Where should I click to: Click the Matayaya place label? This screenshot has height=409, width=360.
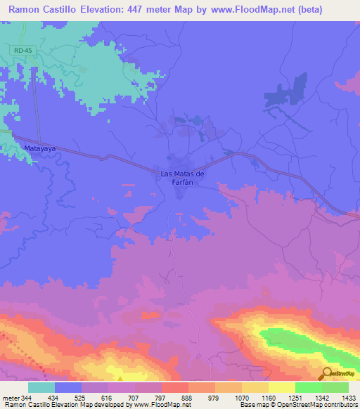pyautogui.click(x=39, y=150)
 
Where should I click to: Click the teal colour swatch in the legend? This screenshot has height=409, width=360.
pyautogui.click(x=41, y=387)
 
